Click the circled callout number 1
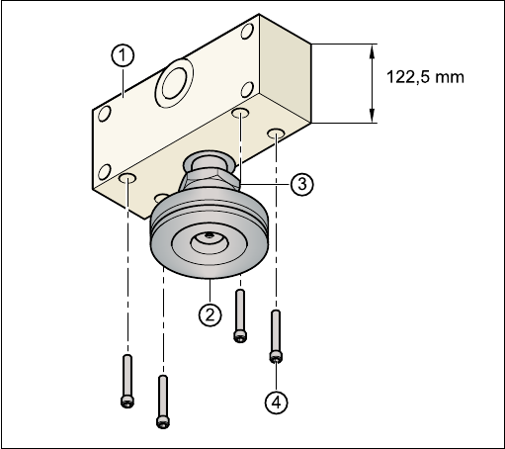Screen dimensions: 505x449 coord(123,55)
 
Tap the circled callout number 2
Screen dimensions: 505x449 coord(210,314)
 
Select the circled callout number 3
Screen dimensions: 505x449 coord(302,184)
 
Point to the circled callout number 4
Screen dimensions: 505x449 coord(276,402)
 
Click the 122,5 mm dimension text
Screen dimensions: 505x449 coord(425,77)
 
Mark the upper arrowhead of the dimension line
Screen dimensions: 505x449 coord(373,51)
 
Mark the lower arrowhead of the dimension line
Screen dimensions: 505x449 coord(373,115)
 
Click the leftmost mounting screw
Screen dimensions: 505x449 coord(127,381)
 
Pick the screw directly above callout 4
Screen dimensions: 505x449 coord(276,336)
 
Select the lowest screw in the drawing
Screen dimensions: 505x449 coord(163,402)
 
